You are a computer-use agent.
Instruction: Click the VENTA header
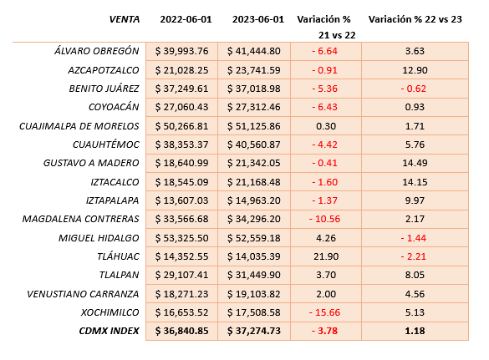124,19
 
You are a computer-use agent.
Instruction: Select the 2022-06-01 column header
186,19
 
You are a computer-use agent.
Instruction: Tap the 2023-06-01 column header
258,19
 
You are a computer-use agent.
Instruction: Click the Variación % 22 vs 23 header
415,19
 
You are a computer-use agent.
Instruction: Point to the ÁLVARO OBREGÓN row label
97,50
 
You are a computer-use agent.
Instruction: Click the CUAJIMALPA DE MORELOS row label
79,126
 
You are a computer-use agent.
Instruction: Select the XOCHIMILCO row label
110,312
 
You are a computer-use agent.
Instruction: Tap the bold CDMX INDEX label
110,331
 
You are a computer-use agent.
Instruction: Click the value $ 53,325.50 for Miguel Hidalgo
182,238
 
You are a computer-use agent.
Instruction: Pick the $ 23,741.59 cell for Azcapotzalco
254,70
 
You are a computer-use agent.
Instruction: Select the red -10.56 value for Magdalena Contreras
324,219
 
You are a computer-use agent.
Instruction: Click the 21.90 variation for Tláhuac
326,256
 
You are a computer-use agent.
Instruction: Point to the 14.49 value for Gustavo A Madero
415,163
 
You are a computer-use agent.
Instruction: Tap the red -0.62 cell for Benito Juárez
414,89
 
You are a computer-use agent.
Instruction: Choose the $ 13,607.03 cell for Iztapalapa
182,200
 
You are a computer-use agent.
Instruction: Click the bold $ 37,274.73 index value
254,331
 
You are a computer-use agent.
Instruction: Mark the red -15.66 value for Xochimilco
324,312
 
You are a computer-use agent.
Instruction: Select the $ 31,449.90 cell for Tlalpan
254,275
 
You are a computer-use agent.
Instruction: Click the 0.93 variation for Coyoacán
415,107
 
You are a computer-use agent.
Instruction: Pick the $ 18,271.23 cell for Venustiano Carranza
182,294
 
